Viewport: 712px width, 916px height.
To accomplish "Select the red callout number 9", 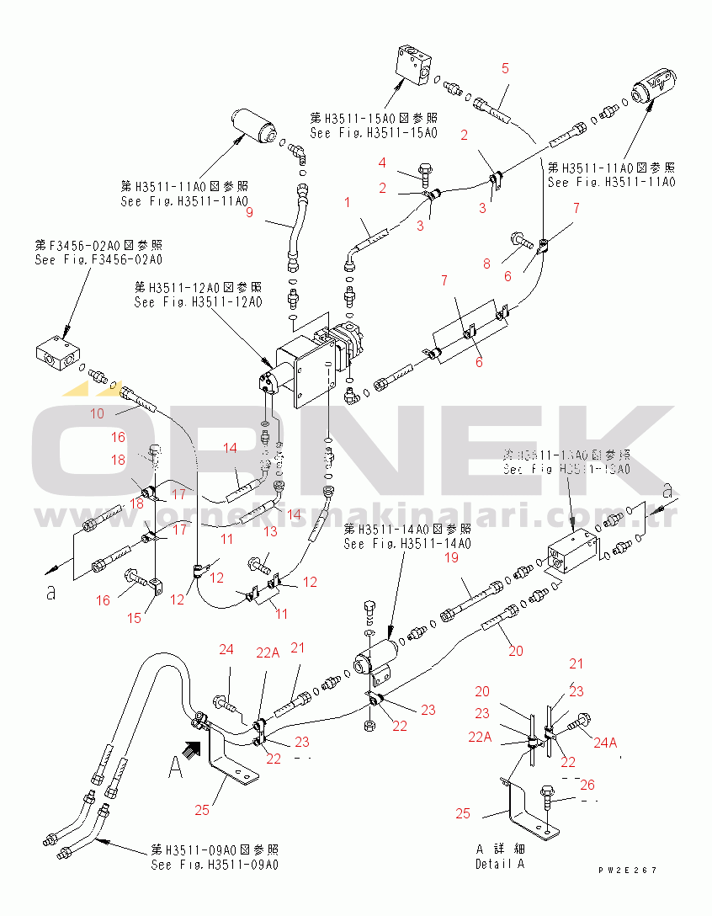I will [249, 212].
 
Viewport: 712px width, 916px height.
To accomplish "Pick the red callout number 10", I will [98, 413].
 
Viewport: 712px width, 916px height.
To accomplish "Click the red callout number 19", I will [451, 557].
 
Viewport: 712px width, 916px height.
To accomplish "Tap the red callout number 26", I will [587, 785].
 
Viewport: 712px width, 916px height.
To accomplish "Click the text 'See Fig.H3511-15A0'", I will [374, 133].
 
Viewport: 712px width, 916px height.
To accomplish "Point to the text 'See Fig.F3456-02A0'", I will [98, 260].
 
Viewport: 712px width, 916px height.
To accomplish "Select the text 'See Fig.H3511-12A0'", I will [198, 301].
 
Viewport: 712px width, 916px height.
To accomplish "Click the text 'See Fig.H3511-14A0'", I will [407, 544].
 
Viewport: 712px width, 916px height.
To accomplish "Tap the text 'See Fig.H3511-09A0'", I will [215, 865].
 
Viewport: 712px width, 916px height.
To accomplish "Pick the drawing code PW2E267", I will [628, 871].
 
